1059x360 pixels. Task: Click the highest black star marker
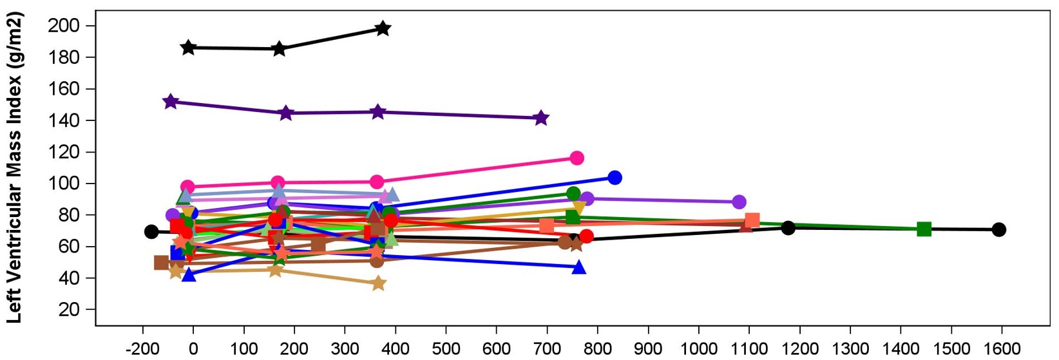383,28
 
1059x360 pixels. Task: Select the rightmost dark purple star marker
541,118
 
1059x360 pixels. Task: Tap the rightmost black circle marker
998,230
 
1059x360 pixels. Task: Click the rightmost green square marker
924,229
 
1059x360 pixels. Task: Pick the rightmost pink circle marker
577,158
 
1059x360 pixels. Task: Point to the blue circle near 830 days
615,178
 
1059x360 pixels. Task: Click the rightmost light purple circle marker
739,202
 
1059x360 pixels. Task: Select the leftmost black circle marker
151,232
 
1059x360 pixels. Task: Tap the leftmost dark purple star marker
171,102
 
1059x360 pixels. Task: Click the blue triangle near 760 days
578,267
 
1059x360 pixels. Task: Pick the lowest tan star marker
378,283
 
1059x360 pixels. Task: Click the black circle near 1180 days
788,228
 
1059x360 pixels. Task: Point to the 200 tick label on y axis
64,26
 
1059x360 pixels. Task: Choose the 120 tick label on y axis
64,152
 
